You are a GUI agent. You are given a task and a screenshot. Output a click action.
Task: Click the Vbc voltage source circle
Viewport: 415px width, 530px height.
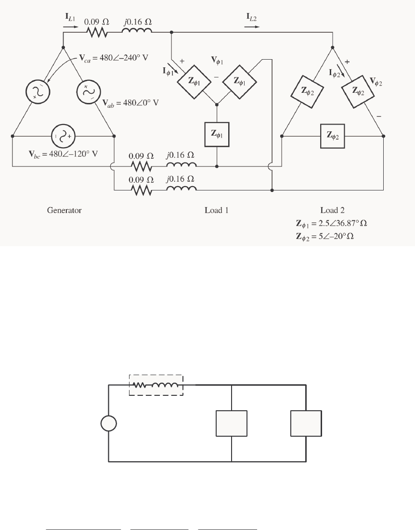[x=62, y=136]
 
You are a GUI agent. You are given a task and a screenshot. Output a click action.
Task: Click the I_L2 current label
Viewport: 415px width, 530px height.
[x=252, y=21]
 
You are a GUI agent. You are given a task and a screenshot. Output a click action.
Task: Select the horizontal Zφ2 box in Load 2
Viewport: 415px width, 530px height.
[x=332, y=136]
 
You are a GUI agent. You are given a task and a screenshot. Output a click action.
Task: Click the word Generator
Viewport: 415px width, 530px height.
[x=64, y=211]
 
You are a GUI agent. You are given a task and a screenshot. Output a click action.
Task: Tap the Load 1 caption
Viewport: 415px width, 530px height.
[x=217, y=211]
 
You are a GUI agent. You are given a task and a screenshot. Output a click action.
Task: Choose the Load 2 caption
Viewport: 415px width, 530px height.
[x=332, y=211]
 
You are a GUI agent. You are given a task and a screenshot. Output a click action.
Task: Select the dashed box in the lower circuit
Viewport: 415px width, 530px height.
[x=156, y=385]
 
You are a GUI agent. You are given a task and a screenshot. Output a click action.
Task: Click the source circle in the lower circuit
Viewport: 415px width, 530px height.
[x=108, y=424]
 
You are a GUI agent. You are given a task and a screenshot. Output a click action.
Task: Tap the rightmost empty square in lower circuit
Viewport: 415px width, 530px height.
[x=306, y=424]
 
